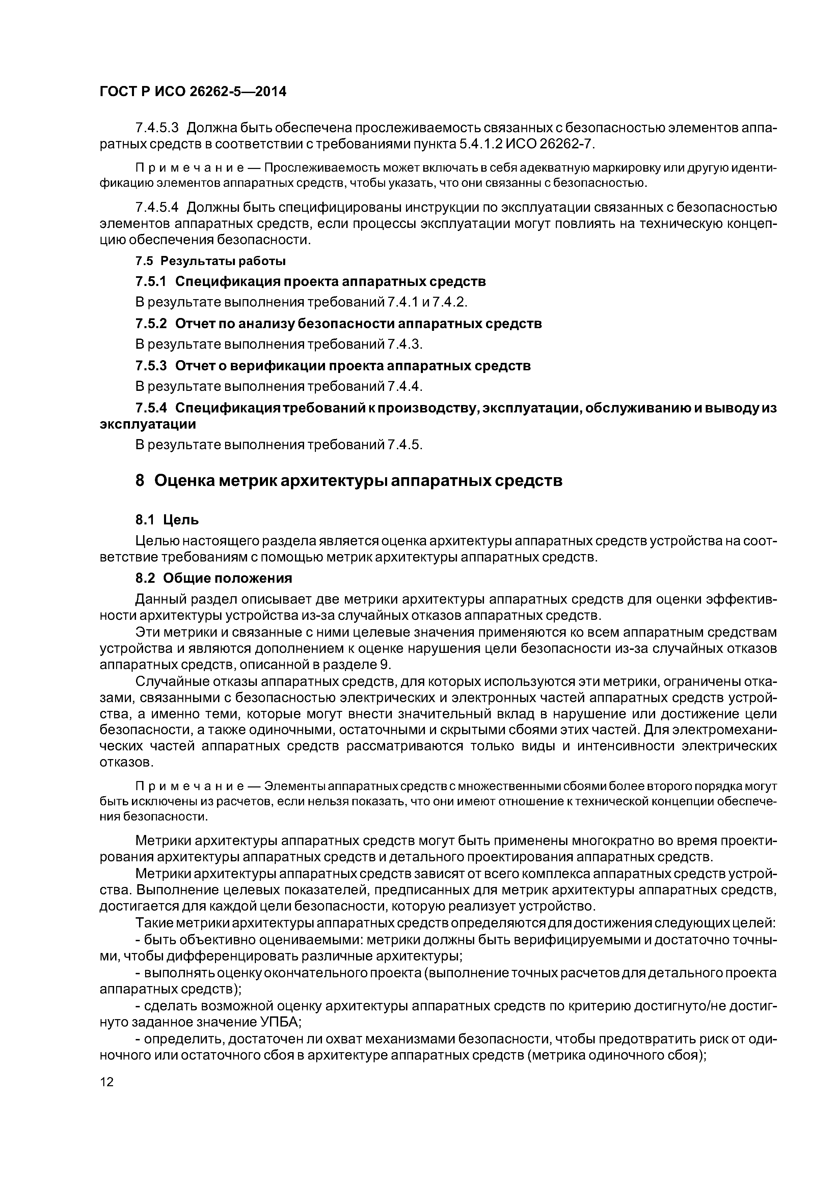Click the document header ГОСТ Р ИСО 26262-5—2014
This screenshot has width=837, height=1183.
[x=193, y=92]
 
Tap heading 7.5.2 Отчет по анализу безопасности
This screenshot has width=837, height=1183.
[x=338, y=324]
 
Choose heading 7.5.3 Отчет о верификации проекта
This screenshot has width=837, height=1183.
[x=333, y=366]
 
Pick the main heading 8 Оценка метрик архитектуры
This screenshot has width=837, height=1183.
[x=349, y=481]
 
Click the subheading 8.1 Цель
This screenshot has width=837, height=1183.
[x=167, y=520]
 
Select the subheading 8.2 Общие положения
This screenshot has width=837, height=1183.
[x=214, y=579]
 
